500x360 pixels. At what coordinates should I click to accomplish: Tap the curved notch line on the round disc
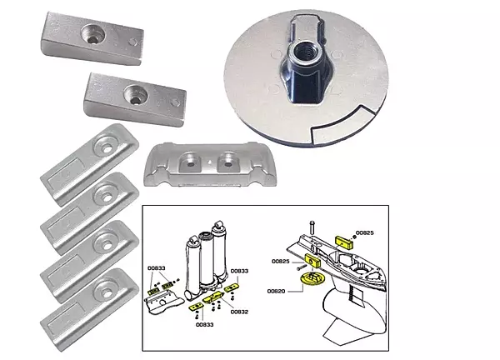[333, 125]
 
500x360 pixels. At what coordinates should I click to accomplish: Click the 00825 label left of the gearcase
[282, 261]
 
